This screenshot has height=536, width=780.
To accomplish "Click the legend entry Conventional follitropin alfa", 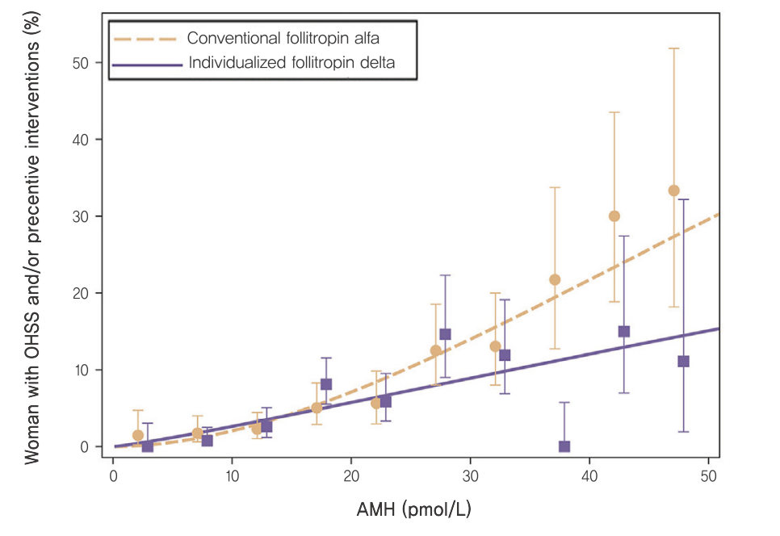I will point(283,38).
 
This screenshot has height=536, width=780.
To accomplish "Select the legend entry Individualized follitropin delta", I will point(291,62).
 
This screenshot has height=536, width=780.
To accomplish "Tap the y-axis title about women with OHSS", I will point(32,242).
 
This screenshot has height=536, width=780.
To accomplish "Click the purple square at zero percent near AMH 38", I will point(564,446).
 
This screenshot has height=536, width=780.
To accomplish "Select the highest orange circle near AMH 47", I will point(673,191).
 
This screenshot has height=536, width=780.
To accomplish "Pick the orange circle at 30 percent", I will point(614,216).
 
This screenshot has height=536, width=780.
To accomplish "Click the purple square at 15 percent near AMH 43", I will point(624,332).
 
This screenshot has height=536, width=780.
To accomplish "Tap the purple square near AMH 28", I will point(445,334).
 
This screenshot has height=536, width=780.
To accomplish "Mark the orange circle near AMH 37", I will point(555,280).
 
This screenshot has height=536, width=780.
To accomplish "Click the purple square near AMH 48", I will point(683,362).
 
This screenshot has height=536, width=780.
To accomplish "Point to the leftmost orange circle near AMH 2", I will point(138,435).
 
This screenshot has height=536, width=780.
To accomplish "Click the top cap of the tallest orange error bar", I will point(673,48).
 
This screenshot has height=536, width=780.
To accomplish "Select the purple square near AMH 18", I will point(326,384).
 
